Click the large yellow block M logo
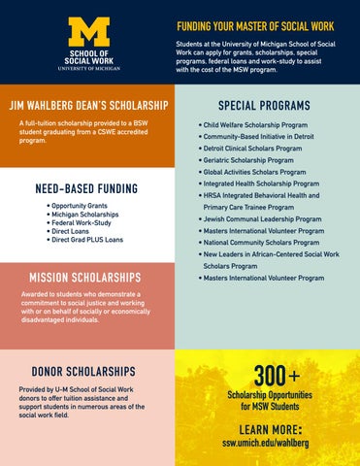pyautogui.click(x=88, y=32)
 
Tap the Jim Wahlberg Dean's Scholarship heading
pyautogui.click(x=87, y=105)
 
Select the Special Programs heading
pyautogui.click(x=264, y=105)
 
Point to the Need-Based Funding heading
pyautogui.click(x=85, y=188)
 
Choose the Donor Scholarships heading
pyautogui.click(x=83, y=372)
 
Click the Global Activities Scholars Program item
pyautogui.click(x=253, y=172)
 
